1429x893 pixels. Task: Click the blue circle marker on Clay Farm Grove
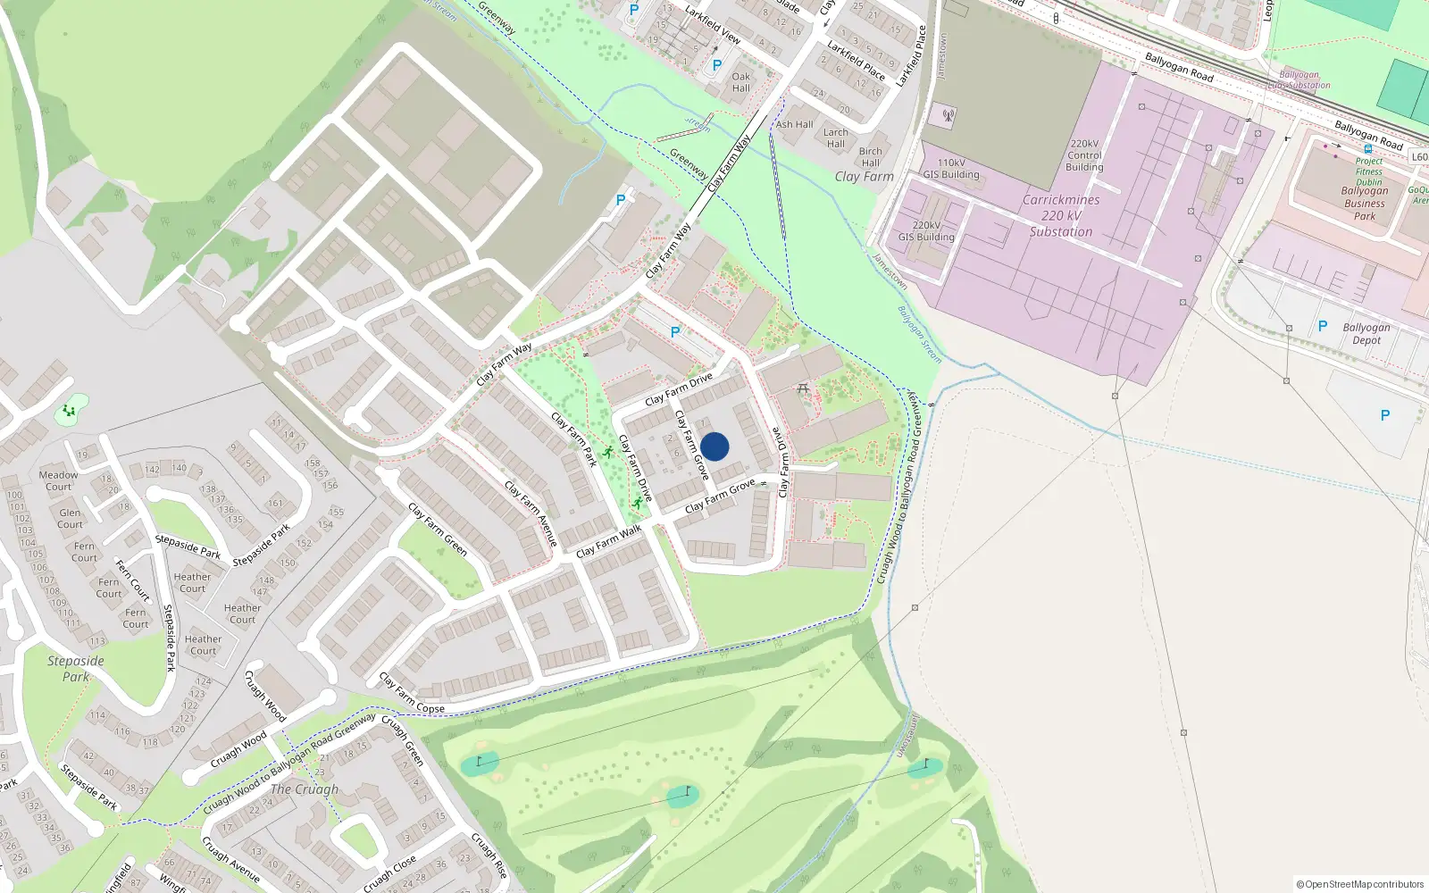[714, 446]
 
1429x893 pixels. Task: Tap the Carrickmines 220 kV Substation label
[1061, 216]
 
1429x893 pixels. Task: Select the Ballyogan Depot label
[1366, 334]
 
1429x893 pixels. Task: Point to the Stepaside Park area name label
[76, 669]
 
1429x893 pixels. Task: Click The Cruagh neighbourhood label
[305, 789]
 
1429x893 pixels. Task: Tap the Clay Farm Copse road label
[412, 693]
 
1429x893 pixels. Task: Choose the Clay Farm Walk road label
[609, 541]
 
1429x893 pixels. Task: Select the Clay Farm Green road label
[438, 529]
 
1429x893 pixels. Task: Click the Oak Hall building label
[741, 82]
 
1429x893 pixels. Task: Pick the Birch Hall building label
[871, 157]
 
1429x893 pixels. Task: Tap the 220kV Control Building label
[1085, 155]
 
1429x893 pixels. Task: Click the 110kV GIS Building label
[951, 169]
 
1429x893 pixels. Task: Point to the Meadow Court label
[58, 480]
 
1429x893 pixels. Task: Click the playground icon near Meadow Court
[69, 412]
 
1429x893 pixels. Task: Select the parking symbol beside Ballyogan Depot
[1323, 327]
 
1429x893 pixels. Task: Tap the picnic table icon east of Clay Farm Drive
[803, 388]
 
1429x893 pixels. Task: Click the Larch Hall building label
[836, 138]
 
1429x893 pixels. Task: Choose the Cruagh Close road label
[389, 874]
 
